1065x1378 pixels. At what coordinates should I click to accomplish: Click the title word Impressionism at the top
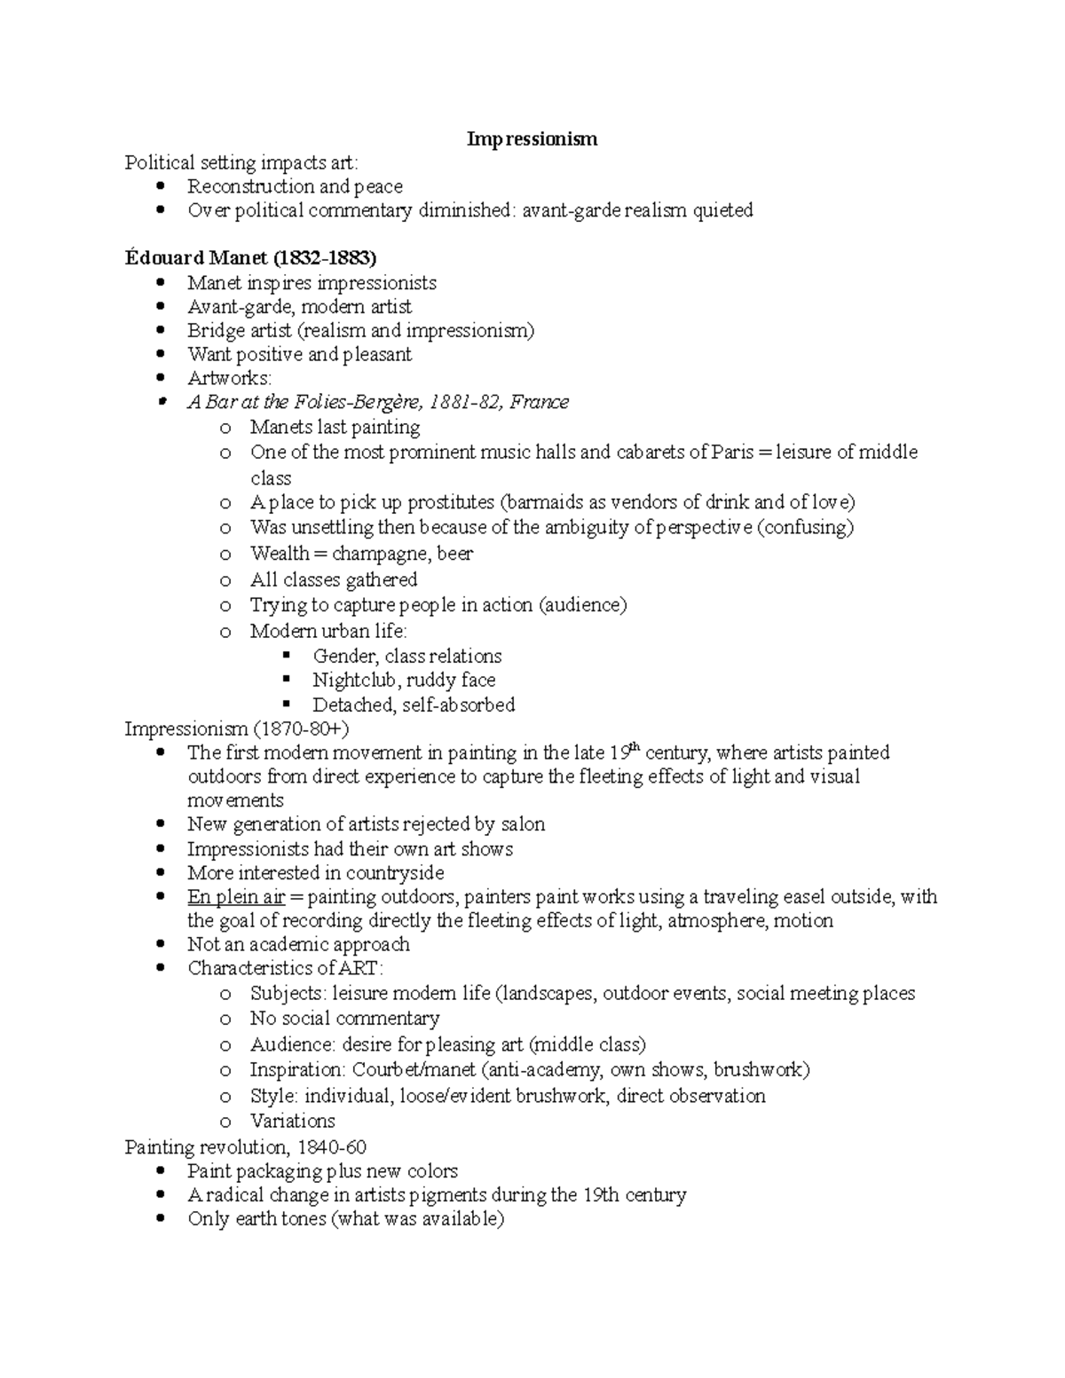[x=532, y=139]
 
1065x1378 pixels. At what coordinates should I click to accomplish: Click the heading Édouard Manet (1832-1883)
[x=250, y=258]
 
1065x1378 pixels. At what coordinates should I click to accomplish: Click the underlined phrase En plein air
[x=236, y=897]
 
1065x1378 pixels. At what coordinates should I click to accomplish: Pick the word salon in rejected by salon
[x=523, y=824]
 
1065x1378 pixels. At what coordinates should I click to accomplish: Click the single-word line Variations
[x=292, y=1121]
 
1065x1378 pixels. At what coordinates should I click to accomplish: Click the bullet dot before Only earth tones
[x=160, y=1219]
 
